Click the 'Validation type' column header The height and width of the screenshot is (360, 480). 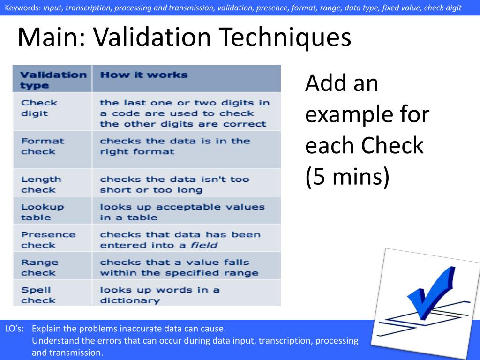coord(53,80)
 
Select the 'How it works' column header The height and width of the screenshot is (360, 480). coord(143,75)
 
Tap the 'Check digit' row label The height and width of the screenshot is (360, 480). coord(39,108)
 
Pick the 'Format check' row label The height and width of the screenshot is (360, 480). coord(42,146)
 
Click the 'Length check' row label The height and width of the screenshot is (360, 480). coord(41,184)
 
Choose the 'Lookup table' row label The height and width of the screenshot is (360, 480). coord(42,212)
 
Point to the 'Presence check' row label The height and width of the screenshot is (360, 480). coord(48,240)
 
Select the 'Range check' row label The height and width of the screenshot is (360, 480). coord(39,267)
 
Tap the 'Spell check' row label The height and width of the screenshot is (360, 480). coord(38,295)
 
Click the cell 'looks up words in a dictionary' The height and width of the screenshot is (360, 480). coord(159,295)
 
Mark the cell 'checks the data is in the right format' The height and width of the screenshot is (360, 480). coord(175,146)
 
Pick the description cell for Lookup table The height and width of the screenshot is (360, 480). coord(182,212)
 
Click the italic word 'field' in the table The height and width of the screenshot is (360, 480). coord(203,245)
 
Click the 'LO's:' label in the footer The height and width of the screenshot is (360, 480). coord(15,329)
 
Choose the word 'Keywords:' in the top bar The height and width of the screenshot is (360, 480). coord(23,8)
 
